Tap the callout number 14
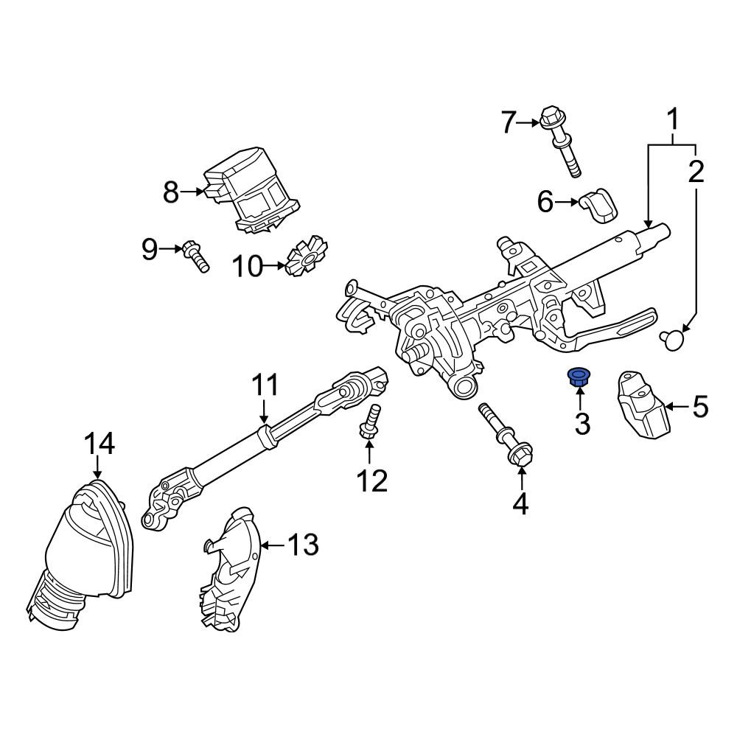pyautogui.click(x=99, y=444)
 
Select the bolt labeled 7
pyautogui.click(x=562, y=142)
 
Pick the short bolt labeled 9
pyautogui.click(x=195, y=256)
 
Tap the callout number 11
pyautogui.click(x=265, y=385)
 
